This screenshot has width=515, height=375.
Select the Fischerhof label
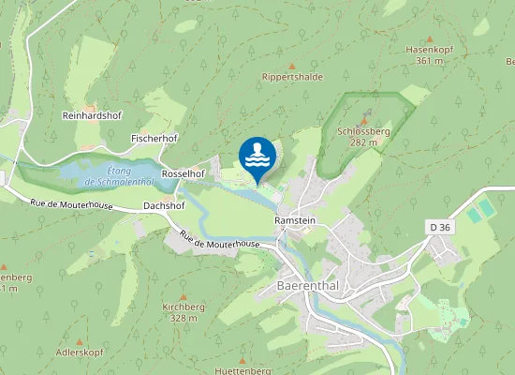[x=154, y=138]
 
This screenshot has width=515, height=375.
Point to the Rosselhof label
[x=183, y=174]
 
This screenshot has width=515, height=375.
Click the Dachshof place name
[x=164, y=204]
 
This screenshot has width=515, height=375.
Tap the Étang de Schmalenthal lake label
[x=118, y=175]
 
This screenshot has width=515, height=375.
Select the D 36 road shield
[x=439, y=227]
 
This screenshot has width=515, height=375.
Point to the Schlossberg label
[x=362, y=132]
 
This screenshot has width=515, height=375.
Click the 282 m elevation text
[x=362, y=143]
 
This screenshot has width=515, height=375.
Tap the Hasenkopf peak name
[x=429, y=49]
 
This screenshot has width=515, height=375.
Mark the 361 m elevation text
[x=429, y=60]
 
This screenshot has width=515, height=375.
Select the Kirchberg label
[x=183, y=307]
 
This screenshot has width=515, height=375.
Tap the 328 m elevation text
[x=183, y=318]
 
